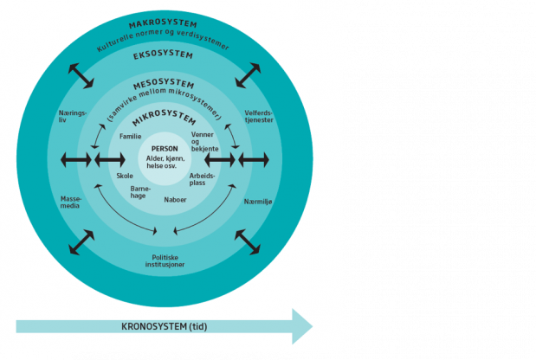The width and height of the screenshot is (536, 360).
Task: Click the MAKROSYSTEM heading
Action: pyautogui.click(x=163, y=24)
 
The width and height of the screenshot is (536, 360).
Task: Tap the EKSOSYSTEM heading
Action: pyautogui.click(x=163, y=55)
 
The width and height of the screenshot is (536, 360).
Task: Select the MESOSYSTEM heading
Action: pyautogui.click(x=164, y=84)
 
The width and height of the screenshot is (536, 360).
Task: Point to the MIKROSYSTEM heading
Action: pyautogui.click(x=164, y=117)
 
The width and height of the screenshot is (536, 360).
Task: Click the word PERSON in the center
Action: pyautogui.click(x=165, y=149)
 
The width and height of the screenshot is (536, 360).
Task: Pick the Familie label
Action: pyautogui.click(x=130, y=136)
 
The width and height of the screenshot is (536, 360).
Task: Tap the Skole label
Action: pyautogui.click(x=125, y=176)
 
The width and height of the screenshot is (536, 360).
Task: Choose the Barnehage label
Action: pyautogui.click(x=140, y=192)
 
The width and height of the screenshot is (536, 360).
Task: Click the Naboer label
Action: pyautogui.click(x=175, y=200)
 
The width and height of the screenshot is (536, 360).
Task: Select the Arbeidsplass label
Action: pyautogui.click(x=202, y=179)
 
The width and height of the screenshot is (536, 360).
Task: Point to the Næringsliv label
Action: pyautogui.click(x=73, y=117)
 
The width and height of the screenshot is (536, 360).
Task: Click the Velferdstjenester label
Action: pyautogui.click(x=259, y=117)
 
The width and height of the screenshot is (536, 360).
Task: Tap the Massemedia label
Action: pyautogui.click(x=71, y=202)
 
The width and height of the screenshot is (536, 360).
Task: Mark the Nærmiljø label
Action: pyautogui.click(x=258, y=202)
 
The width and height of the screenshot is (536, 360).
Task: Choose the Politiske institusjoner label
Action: pyautogui.click(x=165, y=261)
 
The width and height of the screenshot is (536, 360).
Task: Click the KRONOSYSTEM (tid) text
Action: pyautogui.click(x=164, y=326)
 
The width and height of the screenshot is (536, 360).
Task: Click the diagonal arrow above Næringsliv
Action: pyautogui.click(x=81, y=76)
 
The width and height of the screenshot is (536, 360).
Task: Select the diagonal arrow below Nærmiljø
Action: pyautogui.click(x=248, y=241)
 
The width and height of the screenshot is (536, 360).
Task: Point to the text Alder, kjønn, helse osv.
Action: pyautogui.click(x=165, y=162)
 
